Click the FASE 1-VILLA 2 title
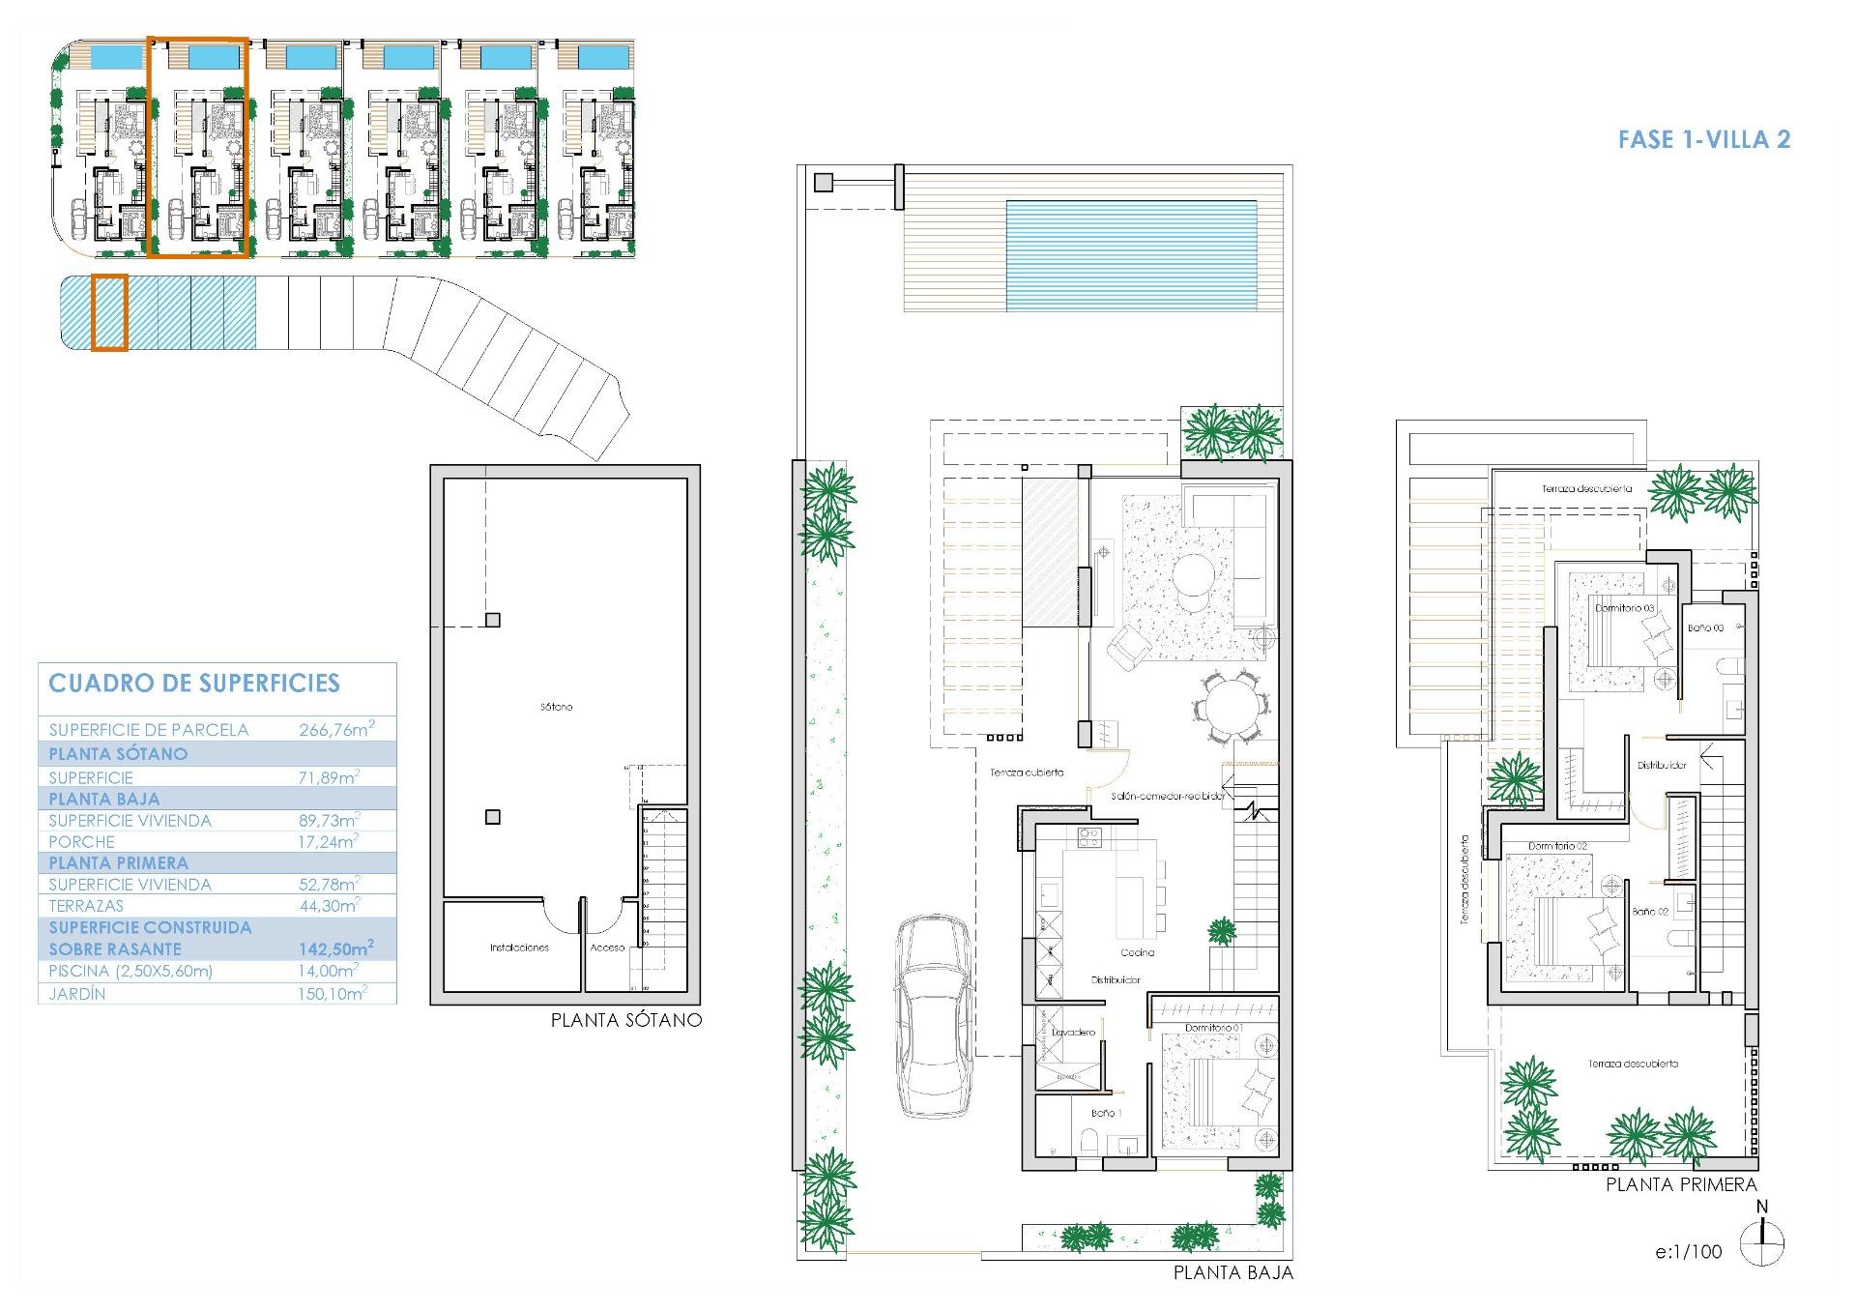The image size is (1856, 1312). (x=1703, y=139)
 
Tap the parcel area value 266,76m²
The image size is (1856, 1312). (x=335, y=730)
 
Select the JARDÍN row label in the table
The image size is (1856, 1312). (x=77, y=994)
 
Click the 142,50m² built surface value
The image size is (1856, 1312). (x=335, y=949)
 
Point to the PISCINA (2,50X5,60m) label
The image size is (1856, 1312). (x=130, y=972)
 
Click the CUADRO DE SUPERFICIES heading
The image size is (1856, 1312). (x=194, y=684)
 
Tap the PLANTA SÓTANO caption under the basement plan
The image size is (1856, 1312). (x=625, y=1020)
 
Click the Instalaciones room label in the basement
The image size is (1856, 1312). (x=519, y=948)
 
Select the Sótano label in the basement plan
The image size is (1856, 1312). (x=556, y=707)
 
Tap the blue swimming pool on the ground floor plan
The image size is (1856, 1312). (x=1130, y=255)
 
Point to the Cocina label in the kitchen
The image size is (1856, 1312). (x=1138, y=952)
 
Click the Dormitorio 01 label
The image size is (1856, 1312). (x=1213, y=1028)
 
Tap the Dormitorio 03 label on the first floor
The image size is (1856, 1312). (x=1624, y=608)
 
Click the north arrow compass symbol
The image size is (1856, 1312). (x=1761, y=1243)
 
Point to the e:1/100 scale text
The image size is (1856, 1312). (x=1688, y=1251)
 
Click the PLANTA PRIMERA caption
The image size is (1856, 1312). (x=1681, y=1184)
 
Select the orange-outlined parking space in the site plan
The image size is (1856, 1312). (x=109, y=312)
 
